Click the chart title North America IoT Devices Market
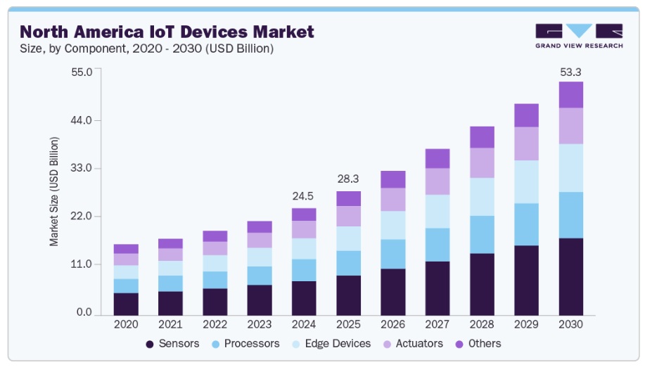point(167,32)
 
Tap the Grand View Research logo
point(579,36)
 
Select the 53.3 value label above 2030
point(570,72)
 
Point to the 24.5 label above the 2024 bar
point(304,197)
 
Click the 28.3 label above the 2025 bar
point(348,180)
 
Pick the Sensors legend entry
point(172,344)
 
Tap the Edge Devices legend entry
point(336,344)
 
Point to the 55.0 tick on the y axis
point(82,72)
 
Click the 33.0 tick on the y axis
point(82,169)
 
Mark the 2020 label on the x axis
point(126,325)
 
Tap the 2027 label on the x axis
point(438,325)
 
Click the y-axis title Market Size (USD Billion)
point(54,191)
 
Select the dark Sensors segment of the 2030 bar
point(570,277)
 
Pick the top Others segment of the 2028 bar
point(482,137)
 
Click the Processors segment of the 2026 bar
point(393,254)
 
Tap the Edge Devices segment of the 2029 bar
point(526,182)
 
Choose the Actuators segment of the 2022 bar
point(215,248)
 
